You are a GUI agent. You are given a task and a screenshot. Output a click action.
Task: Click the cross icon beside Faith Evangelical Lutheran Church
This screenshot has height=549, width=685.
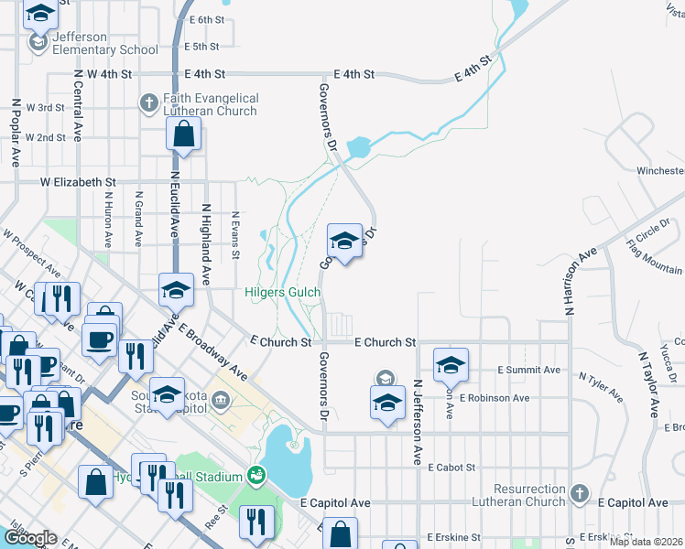tap(148, 103)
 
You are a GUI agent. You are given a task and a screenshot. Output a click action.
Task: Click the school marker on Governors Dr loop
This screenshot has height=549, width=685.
tap(343, 242)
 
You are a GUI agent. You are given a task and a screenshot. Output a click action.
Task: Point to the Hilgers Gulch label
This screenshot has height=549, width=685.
tap(282, 293)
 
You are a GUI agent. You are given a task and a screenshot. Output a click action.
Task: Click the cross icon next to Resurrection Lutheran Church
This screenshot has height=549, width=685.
tap(578, 494)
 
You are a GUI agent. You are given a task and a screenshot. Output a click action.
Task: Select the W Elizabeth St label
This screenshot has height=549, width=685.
tap(78, 183)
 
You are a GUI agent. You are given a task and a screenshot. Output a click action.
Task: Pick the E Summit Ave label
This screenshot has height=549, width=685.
tap(528, 370)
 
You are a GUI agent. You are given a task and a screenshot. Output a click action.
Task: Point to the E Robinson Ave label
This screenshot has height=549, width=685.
tap(495, 398)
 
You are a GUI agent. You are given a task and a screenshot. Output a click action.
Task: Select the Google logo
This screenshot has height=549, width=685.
tap(30, 538)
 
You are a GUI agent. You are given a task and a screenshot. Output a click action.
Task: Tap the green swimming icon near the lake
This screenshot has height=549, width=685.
tap(257, 476)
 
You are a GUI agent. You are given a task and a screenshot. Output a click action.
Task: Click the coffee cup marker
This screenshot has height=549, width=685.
tap(100, 339)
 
